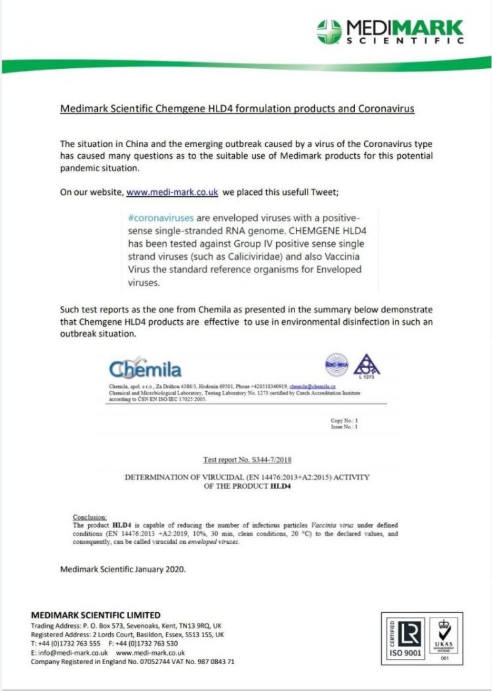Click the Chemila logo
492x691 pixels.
click(x=146, y=369)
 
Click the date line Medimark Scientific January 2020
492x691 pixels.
click(x=123, y=569)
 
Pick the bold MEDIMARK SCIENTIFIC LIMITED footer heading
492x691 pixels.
click(x=96, y=615)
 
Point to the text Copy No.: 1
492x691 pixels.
click(x=344, y=419)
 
